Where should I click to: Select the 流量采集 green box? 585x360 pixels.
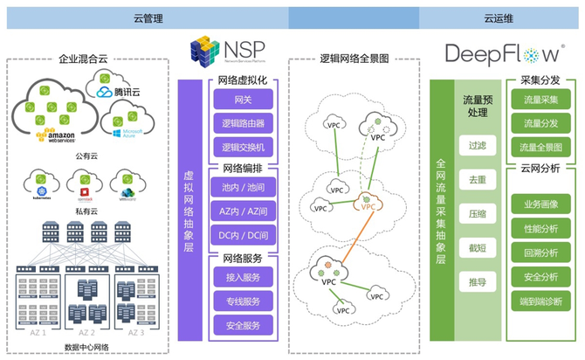(541, 101)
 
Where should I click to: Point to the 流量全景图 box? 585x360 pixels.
(541, 147)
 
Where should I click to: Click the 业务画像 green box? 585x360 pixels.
(541, 204)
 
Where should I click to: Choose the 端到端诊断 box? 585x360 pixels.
(541, 301)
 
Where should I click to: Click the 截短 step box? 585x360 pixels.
(478, 247)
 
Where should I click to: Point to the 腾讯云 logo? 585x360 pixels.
(117, 87)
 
